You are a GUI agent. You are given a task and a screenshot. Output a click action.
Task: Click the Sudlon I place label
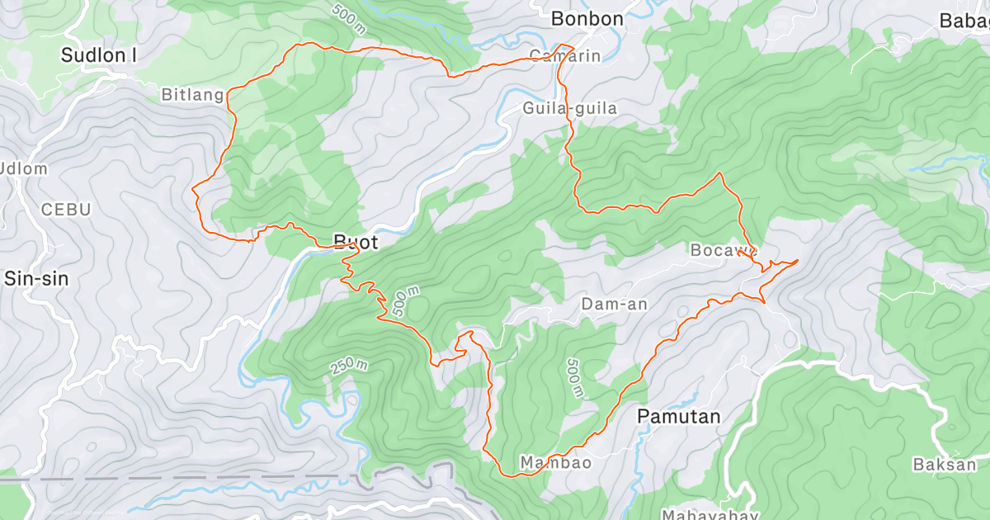click(x=99, y=55)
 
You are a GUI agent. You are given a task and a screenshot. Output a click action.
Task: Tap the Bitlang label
click(x=192, y=95)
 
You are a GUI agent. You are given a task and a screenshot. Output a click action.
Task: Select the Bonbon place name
click(x=587, y=18)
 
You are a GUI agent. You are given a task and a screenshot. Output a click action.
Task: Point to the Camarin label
click(x=564, y=56)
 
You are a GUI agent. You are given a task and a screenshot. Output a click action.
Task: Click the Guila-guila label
click(x=569, y=108)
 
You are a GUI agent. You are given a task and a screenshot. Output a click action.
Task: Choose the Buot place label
click(x=356, y=243)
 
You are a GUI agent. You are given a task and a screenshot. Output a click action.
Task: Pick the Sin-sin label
click(x=36, y=278)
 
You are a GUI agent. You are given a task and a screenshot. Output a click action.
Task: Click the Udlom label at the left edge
click(x=25, y=168)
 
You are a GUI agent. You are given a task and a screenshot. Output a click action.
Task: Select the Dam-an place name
click(x=615, y=305)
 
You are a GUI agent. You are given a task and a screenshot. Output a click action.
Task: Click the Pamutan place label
click(x=679, y=418)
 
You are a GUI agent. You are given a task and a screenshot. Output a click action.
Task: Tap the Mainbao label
click(x=555, y=462)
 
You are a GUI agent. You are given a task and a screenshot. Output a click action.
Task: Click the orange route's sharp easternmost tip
click(x=799, y=260)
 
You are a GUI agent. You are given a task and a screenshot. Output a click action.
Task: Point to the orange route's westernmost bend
click(x=193, y=190)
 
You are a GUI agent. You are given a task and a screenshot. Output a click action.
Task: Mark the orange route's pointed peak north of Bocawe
click(x=721, y=173)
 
